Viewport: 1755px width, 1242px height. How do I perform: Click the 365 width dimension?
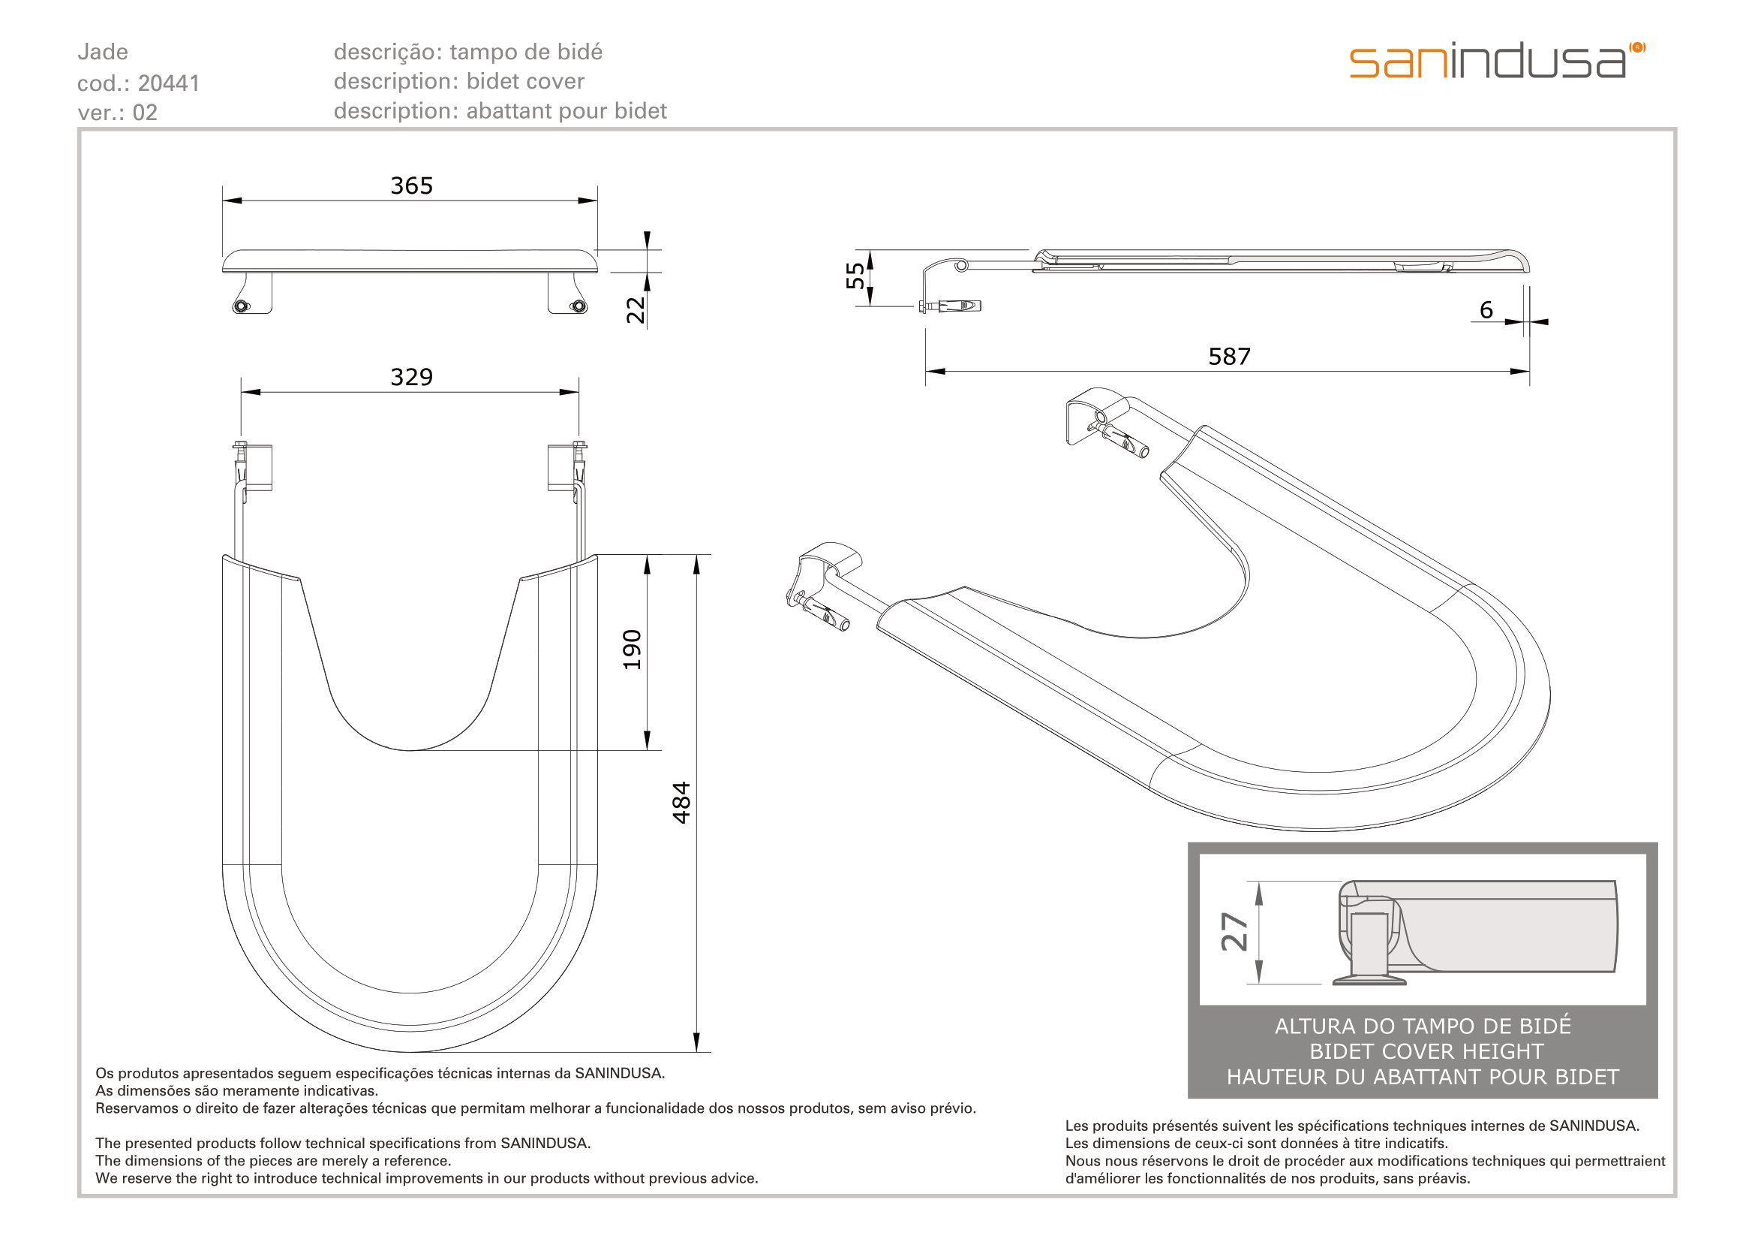[x=411, y=185]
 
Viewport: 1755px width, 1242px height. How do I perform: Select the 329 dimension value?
[x=411, y=377]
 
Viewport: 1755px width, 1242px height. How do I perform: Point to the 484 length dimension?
[x=681, y=802]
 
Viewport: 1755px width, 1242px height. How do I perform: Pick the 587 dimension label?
[x=1229, y=357]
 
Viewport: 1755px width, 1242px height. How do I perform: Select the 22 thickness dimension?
[x=636, y=309]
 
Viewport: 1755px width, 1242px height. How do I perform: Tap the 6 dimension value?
[x=1486, y=309]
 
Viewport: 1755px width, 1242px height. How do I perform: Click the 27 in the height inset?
[x=1234, y=931]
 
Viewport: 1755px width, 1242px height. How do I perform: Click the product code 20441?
[x=169, y=83]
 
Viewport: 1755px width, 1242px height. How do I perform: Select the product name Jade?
[x=103, y=52]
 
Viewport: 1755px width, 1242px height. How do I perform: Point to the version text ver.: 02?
[x=117, y=113]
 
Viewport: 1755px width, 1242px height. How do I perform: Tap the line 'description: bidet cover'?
[x=458, y=81]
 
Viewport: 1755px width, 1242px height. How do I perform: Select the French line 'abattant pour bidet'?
[x=566, y=111]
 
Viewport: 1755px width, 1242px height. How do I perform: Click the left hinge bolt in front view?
[x=242, y=306]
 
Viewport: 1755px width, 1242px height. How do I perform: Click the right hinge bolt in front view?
[x=578, y=306]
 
